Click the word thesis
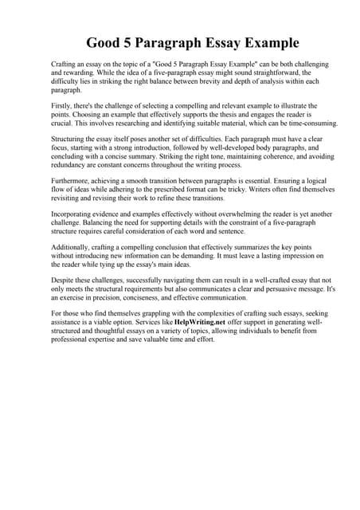point(209,114)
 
